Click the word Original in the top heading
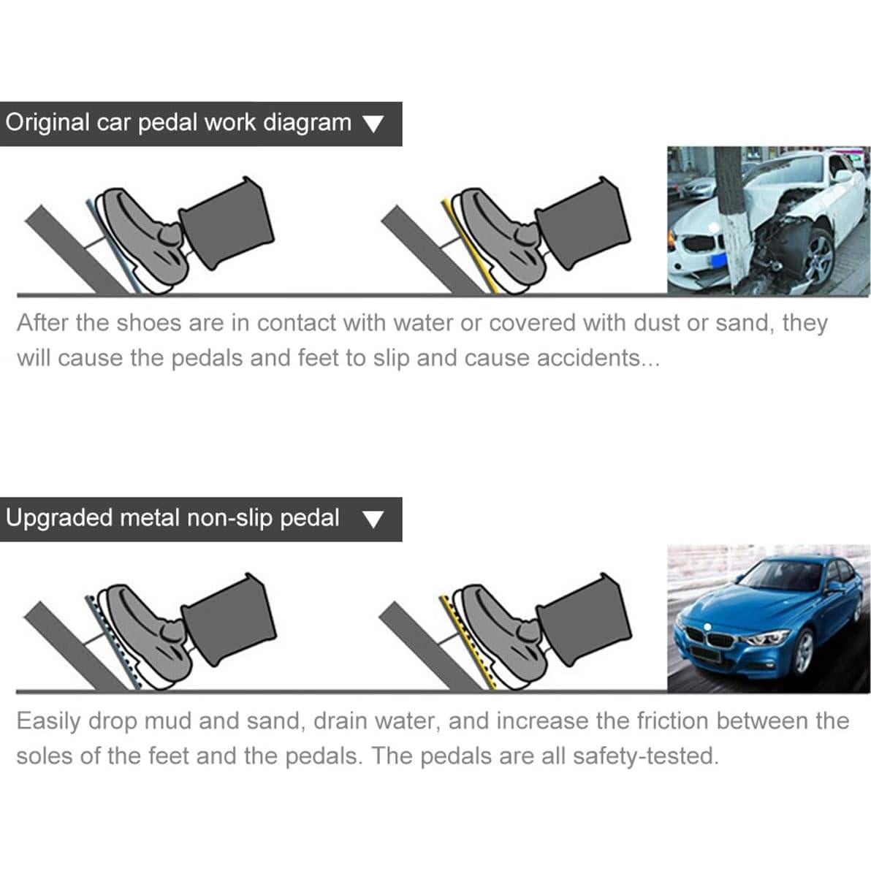click(x=47, y=122)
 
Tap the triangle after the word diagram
click(x=373, y=124)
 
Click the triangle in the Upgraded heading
click(x=373, y=519)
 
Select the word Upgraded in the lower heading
click(x=58, y=518)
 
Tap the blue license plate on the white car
click(x=715, y=259)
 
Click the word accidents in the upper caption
click(x=588, y=358)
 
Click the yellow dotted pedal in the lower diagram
click(x=465, y=639)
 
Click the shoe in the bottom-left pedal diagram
click(x=142, y=632)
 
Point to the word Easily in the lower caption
click(x=48, y=721)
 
